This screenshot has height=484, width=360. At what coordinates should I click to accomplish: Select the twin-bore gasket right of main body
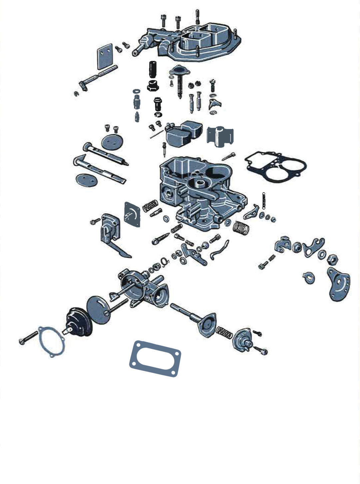(275, 166)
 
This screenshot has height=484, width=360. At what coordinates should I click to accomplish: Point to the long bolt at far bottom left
(28, 337)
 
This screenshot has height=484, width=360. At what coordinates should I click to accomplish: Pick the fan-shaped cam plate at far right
(338, 284)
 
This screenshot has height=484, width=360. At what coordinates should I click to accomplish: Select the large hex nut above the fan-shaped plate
(332, 258)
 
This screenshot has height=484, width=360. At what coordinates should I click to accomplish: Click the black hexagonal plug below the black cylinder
(153, 86)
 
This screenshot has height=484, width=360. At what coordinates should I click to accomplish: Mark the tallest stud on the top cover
(197, 17)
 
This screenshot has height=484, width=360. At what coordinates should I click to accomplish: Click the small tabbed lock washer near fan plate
(309, 277)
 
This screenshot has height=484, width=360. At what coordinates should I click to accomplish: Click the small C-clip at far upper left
(76, 94)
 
